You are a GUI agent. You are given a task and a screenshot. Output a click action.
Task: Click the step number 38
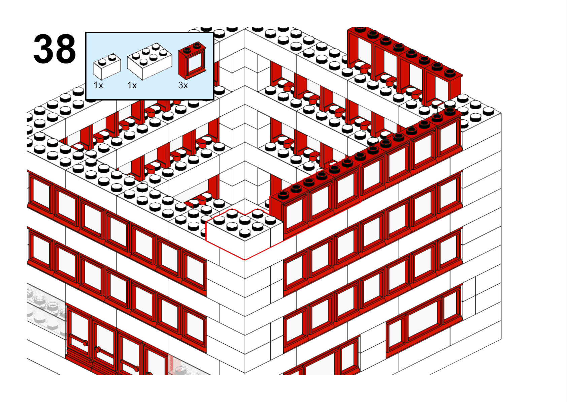pos(55,49)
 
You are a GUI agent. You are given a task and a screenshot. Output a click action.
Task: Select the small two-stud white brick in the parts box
pos(107,66)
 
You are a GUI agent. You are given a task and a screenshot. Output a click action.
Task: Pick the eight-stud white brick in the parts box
pos(149,61)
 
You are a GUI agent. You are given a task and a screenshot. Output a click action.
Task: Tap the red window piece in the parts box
pos(192,60)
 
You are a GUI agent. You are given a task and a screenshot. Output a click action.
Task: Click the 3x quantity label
pos(183,85)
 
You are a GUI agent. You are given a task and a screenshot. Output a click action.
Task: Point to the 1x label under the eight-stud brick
pos(132,85)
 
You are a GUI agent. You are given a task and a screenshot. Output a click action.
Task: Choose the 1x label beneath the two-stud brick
pos(98,85)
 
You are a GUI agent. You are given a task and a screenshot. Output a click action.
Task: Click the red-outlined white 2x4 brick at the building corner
pos(244,233)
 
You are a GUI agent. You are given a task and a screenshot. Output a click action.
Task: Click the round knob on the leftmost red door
pos(85,343)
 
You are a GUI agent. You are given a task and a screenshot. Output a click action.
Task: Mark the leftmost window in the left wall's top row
pos(40,193)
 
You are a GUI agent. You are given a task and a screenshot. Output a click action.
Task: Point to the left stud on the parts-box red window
pos(187,50)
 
